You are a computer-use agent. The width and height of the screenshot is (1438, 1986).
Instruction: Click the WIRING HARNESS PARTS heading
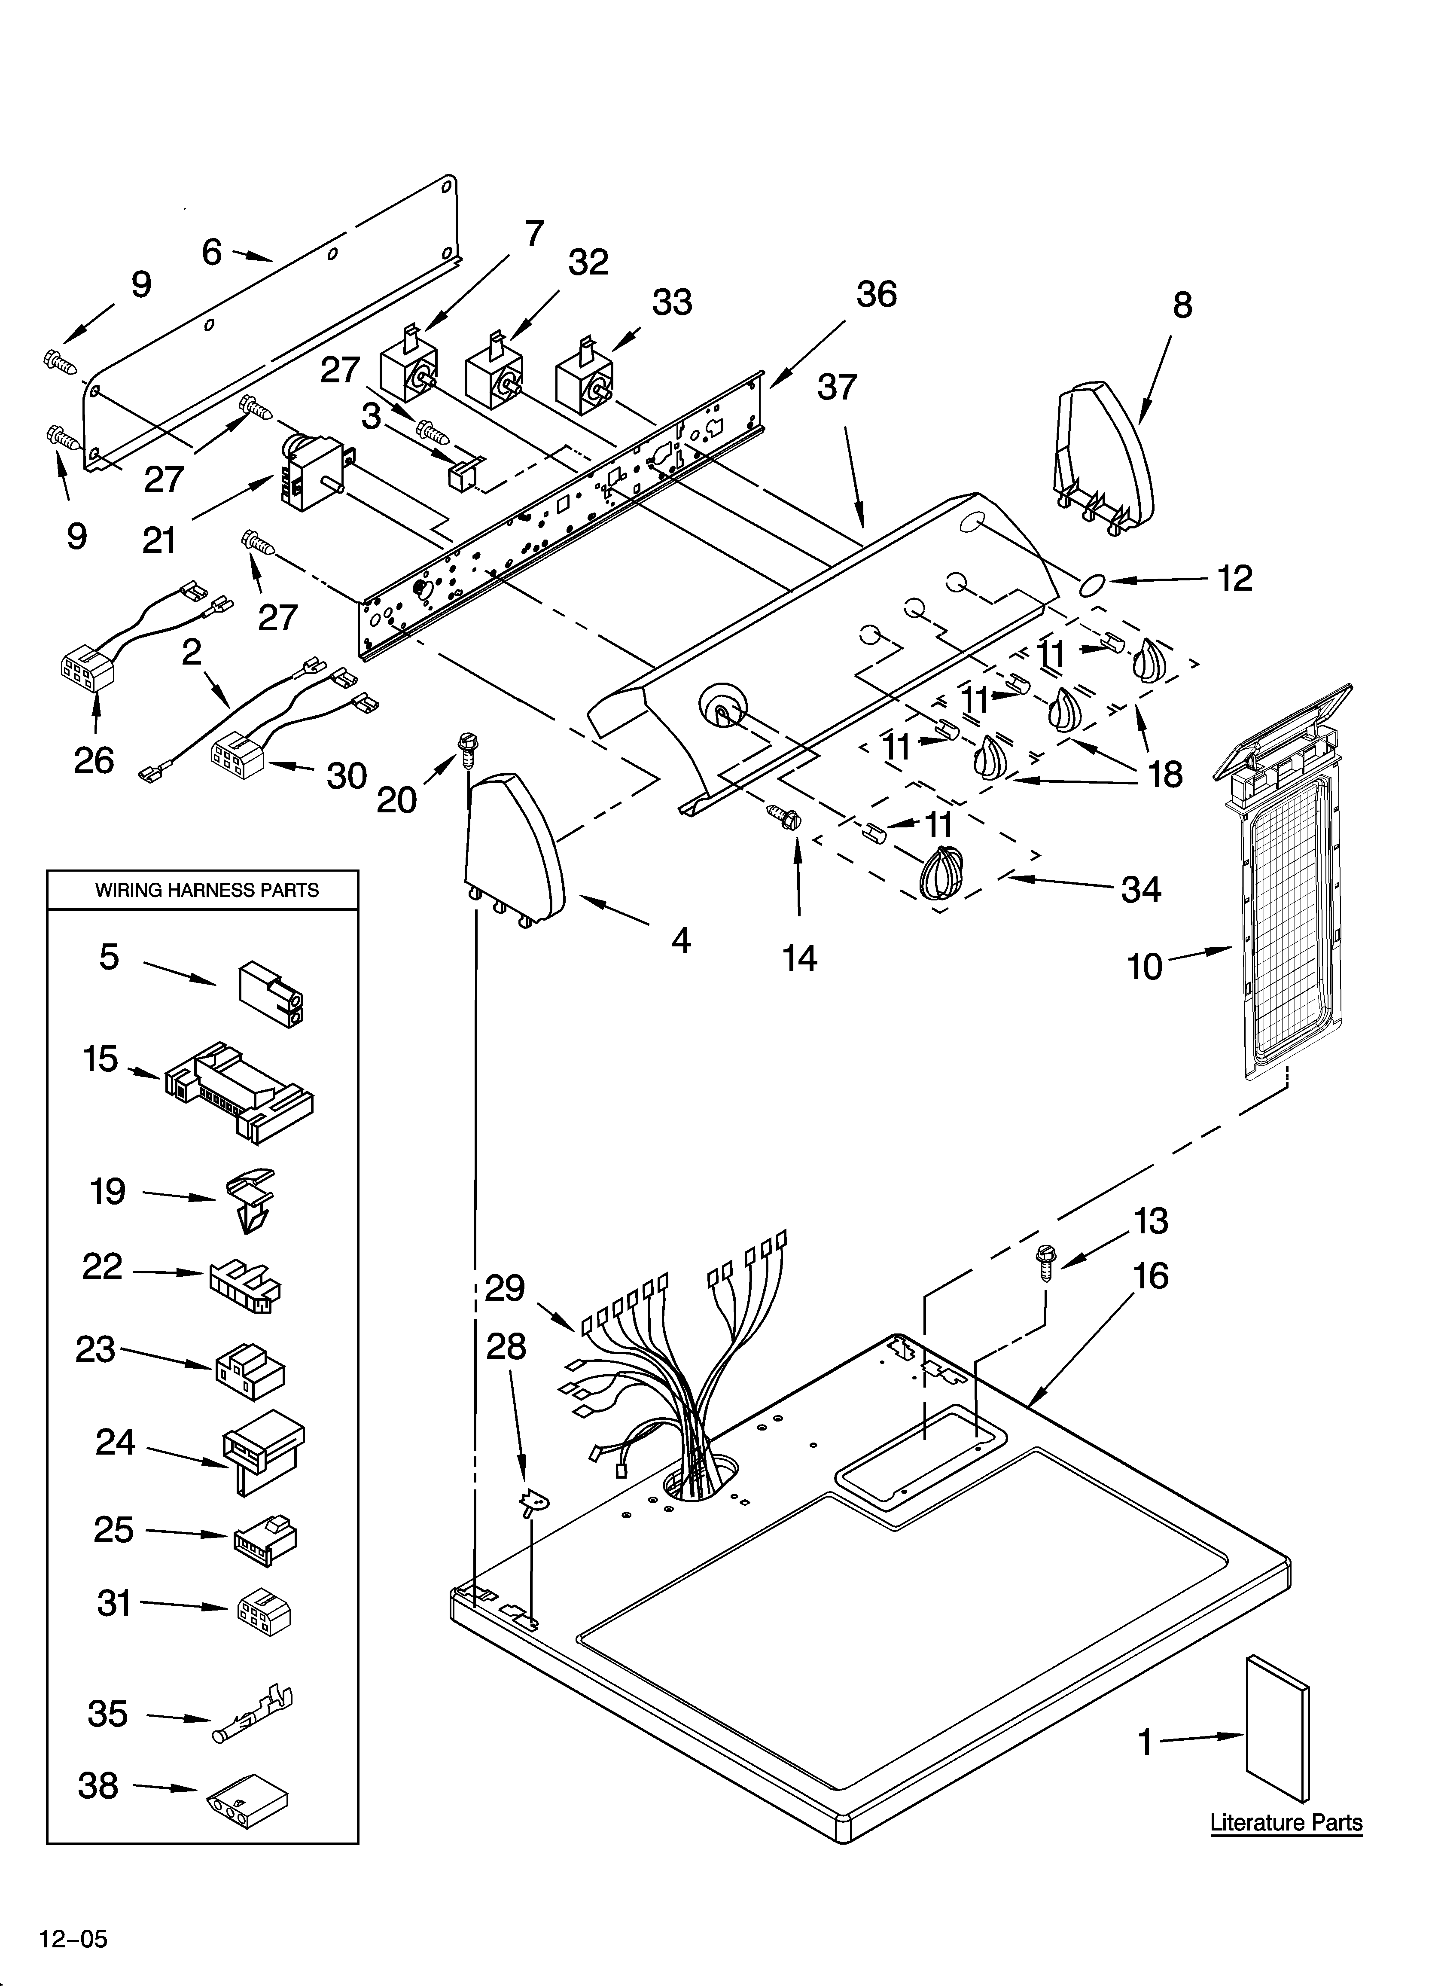coord(207,891)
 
